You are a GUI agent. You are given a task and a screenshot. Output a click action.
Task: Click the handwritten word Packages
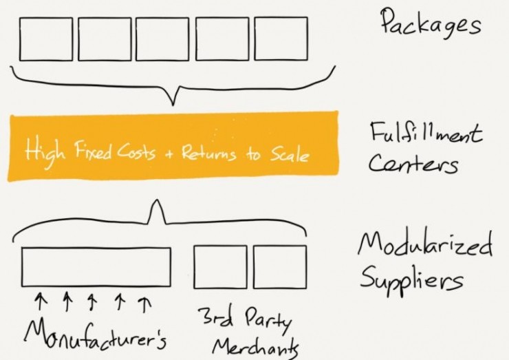pos(430,22)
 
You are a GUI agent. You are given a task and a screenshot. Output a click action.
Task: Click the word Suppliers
pos(411,280)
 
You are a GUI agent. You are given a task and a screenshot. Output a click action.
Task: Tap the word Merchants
pos(255,348)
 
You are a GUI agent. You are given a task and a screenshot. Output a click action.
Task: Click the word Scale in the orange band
pos(290,155)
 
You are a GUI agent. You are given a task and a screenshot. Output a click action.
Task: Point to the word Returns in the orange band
pos(208,152)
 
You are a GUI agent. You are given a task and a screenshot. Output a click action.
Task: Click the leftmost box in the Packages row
pos(46,39)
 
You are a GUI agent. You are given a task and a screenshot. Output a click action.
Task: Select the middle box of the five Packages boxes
pos(162,39)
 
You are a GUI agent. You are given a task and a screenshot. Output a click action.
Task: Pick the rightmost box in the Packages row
pos(281,39)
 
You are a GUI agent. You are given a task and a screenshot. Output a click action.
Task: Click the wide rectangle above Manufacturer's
pos(96,267)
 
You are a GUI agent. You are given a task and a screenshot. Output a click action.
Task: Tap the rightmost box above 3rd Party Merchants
pos(280,267)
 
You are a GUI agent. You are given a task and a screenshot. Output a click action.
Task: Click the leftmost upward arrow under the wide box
pos(40,301)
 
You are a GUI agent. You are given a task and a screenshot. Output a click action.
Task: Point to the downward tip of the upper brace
pos(173,105)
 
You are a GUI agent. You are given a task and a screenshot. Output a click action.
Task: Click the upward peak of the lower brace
pos(157,200)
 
